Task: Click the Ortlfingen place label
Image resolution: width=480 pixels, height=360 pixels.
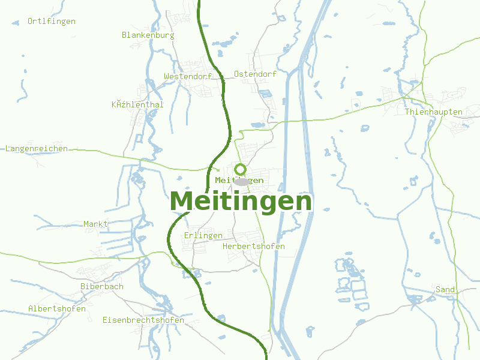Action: coord(52,22)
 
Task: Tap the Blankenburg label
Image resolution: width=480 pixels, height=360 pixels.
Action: coord(148,35)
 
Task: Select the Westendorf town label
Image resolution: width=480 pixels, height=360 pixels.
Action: coord(188,77)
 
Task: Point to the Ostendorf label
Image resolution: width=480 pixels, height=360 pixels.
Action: coord(255,74)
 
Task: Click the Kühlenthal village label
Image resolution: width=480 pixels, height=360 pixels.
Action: coord(137,104)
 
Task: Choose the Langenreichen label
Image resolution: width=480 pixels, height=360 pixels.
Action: coord(37,149)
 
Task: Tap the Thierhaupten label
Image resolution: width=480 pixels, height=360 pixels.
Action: coord(433,112)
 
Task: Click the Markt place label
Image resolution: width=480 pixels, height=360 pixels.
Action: coord(96,224)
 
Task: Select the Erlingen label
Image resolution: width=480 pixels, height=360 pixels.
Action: coord(203,235)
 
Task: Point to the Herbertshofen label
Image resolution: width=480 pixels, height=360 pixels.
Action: coord(253,247)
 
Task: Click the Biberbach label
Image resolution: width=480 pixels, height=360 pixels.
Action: coord(102,287)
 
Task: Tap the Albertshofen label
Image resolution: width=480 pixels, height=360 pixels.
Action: coord(57,309)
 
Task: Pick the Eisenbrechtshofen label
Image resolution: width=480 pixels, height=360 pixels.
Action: coord(143,320)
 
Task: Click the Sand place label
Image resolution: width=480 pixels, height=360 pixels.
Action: coord(445,290)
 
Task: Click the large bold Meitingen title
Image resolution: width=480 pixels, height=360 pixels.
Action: coord(241,202)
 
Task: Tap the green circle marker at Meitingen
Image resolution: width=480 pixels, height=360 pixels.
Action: coord(240,169)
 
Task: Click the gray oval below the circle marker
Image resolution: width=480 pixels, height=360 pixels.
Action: coord(242,181)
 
